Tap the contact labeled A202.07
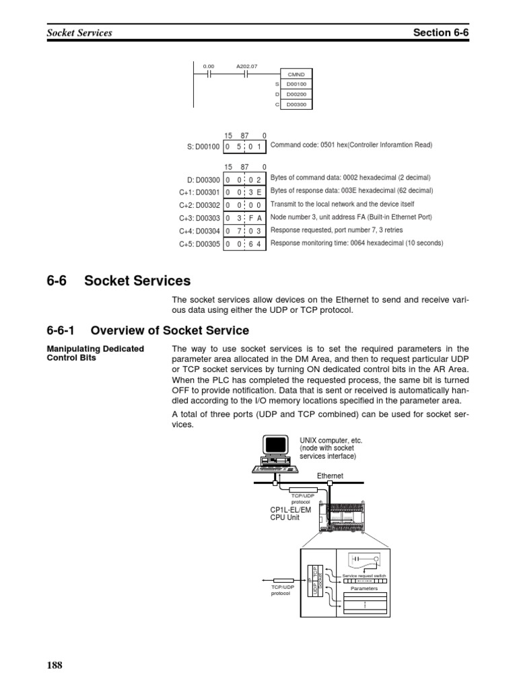[x=246, y=74]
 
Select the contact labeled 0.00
[x=209, y=74]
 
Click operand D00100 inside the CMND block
[x=296, y=84]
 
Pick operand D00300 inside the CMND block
[x=296, y=104]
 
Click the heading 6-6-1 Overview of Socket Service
[x=148, y=330]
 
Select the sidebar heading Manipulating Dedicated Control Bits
[x=95, y=353]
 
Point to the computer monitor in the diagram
[x=275, y=445]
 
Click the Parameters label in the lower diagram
[x=364, y=588]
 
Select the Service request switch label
[x=364, y=577]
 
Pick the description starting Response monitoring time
[x=357, y=243]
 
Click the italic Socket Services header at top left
[x=79, y=32]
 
